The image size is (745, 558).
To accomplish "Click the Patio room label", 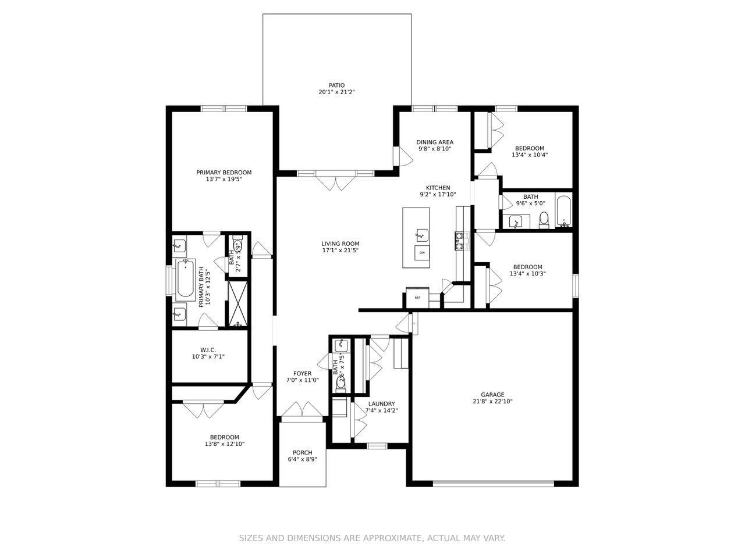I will tap(336, 85).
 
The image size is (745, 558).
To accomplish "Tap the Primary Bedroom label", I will tap(223, 173).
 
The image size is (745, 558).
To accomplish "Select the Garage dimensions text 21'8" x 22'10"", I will tap(492, 401).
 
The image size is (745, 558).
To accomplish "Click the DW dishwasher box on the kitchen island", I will tap(422, 253).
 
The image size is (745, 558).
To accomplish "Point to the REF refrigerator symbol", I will tap(417, 298).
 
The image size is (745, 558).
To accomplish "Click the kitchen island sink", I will tap(421, 235).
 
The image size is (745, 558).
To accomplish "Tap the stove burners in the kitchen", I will tap(462, 241).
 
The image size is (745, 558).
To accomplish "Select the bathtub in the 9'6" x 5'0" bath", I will tap(563, 212).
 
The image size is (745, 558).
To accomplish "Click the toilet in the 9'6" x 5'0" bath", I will tap(544, 219).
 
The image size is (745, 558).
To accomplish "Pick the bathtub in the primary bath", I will tap(185, 280).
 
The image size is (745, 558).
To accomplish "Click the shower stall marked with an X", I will tap(237, 303).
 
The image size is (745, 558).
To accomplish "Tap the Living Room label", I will tap(340, 244).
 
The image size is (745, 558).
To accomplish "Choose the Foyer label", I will tap(302, 374).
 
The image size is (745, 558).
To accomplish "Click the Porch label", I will tap(302, 453).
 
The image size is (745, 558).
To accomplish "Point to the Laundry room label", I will tap(381, 404).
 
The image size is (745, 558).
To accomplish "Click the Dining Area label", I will tap(434, 142).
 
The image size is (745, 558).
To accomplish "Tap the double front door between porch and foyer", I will tap(301, 410).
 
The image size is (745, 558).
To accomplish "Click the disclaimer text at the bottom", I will tap(372, 538).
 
